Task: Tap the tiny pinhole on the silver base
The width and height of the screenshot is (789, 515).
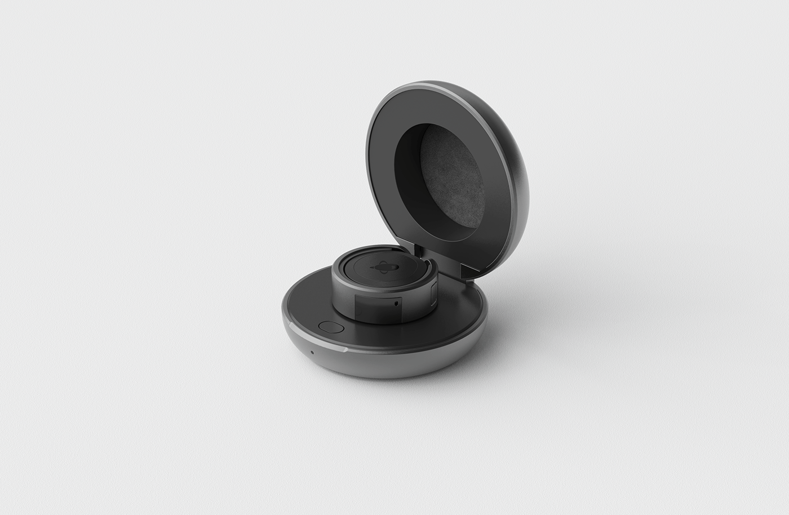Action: point(312,353)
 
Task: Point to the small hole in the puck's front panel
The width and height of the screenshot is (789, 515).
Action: point(400,302)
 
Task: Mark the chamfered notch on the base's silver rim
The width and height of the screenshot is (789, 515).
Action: point(342,349)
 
